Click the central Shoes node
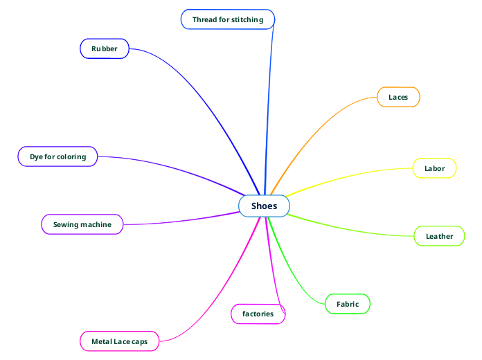(264, 206)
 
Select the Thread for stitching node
(228, 19)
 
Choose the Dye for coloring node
(57, 156)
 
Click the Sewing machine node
(82, 224)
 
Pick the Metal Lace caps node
(119, 341)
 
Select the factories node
(258, 314)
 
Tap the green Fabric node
(348, 304)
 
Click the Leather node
(439, 236)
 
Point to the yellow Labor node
(434, 168)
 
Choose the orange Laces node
(398, 97)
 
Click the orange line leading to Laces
(319, 125)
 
